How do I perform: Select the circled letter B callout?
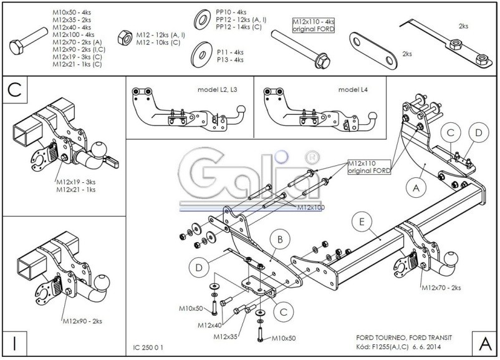281,238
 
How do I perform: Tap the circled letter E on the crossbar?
361,220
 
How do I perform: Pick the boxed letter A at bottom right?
484,343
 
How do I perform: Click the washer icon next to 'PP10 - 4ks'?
203,18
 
